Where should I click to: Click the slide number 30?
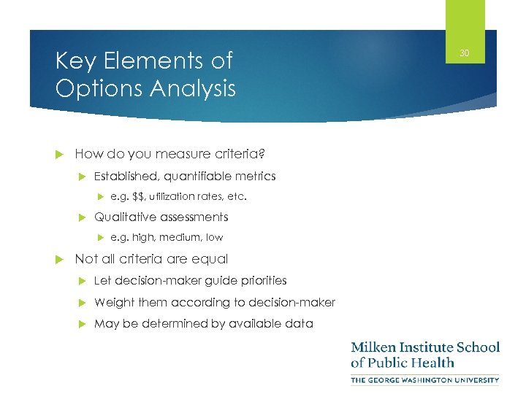point(465,53)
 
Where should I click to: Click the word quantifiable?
point(203,176)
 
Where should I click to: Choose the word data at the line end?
point(300,323)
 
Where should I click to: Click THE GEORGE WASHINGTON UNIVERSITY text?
point(425,379)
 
